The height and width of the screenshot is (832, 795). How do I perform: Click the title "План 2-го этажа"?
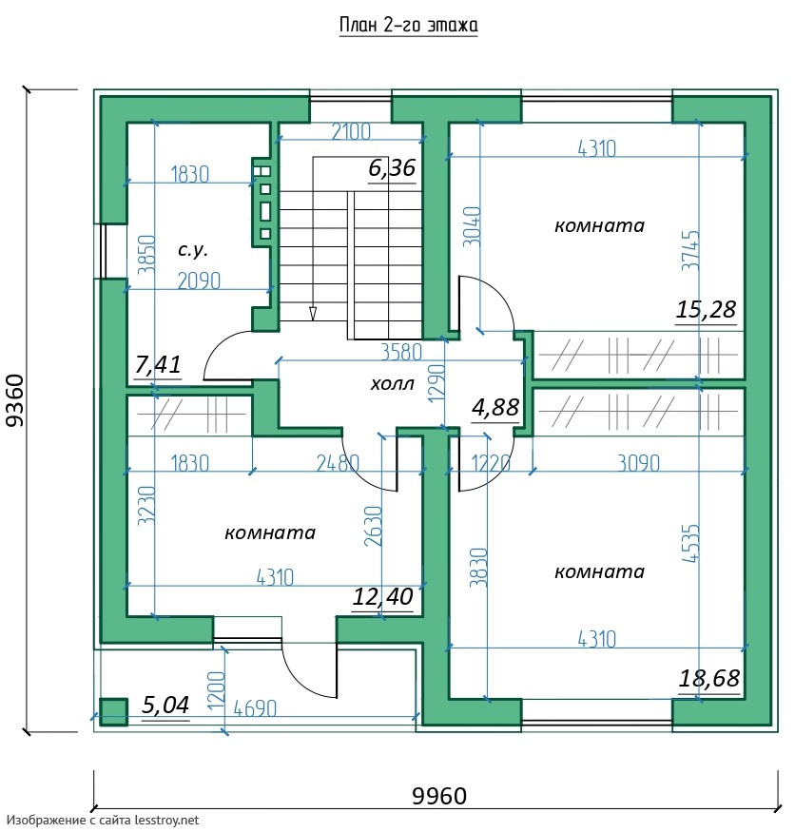408,25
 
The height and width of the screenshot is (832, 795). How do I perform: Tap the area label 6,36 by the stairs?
392,168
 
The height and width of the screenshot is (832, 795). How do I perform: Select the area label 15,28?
706,309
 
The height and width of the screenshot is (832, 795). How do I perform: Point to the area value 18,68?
709,678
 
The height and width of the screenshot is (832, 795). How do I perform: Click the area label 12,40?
382,597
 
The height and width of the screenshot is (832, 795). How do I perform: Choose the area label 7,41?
158,364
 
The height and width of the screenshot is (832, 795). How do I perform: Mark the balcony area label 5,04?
165,706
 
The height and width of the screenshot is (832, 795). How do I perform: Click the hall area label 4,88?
495,408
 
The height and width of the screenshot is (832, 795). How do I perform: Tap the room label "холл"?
392,383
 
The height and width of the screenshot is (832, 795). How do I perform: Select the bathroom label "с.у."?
193,249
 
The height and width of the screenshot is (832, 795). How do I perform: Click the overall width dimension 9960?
439,796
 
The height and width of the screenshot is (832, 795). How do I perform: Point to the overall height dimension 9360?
15,400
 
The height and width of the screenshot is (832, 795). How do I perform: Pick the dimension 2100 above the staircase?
351,131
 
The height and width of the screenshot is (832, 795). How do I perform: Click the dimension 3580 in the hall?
401,353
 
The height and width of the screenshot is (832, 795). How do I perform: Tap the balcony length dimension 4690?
255,708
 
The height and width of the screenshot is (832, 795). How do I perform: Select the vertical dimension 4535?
691,543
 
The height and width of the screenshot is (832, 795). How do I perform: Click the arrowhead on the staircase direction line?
313,314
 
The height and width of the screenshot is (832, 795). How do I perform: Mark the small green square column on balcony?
114,711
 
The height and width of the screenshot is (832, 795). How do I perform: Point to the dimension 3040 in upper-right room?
472,226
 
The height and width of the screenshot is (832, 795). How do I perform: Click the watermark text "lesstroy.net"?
166,821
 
